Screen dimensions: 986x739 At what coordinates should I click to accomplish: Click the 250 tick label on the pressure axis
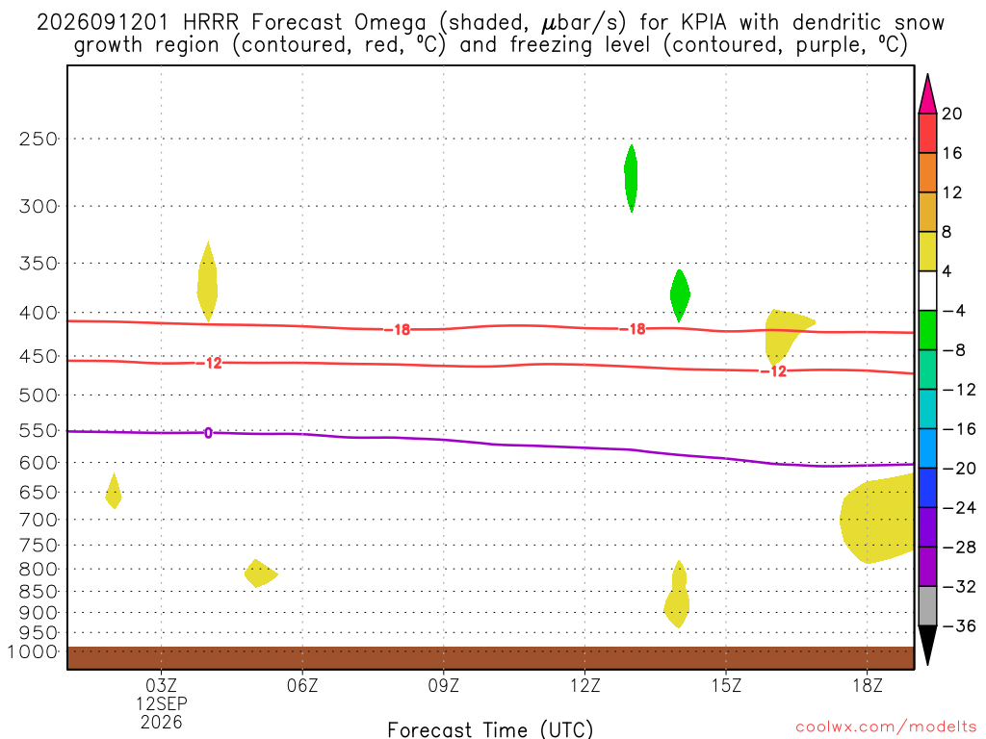tap(38, 139)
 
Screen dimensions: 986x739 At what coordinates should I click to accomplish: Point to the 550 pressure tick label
tap(38, 431)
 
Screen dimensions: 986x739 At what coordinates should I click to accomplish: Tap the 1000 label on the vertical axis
tap(32, 651)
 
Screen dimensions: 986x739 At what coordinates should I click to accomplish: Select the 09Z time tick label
tap(443, 685)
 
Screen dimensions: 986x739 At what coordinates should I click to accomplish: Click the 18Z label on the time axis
tap(868, 685)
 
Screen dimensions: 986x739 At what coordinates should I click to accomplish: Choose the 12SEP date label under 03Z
tap(162, 703)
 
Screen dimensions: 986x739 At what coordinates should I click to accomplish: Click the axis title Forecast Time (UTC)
tap(490, 729)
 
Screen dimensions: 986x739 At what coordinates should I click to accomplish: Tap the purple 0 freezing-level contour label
tap(208, 433)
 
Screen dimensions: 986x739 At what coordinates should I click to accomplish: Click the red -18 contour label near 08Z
tap(398, 330)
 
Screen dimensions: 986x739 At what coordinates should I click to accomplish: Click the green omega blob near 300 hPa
tap(631, 178)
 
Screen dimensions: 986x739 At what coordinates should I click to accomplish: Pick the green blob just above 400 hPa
tap(680, 294)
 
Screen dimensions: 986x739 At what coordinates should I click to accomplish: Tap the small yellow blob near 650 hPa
tap(114, 492)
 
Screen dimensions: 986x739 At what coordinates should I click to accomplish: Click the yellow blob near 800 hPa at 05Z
tap(260, 573)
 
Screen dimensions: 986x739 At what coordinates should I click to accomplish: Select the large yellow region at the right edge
tap(878, 519)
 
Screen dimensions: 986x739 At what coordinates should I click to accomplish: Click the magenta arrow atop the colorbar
tap(927, 94)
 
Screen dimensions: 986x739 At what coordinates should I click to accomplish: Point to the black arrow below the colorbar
tap(927, 645)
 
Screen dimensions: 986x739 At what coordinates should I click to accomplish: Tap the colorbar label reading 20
tap(952, 114)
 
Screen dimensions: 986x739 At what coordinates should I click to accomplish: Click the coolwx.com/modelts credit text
tap(886, 727)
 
